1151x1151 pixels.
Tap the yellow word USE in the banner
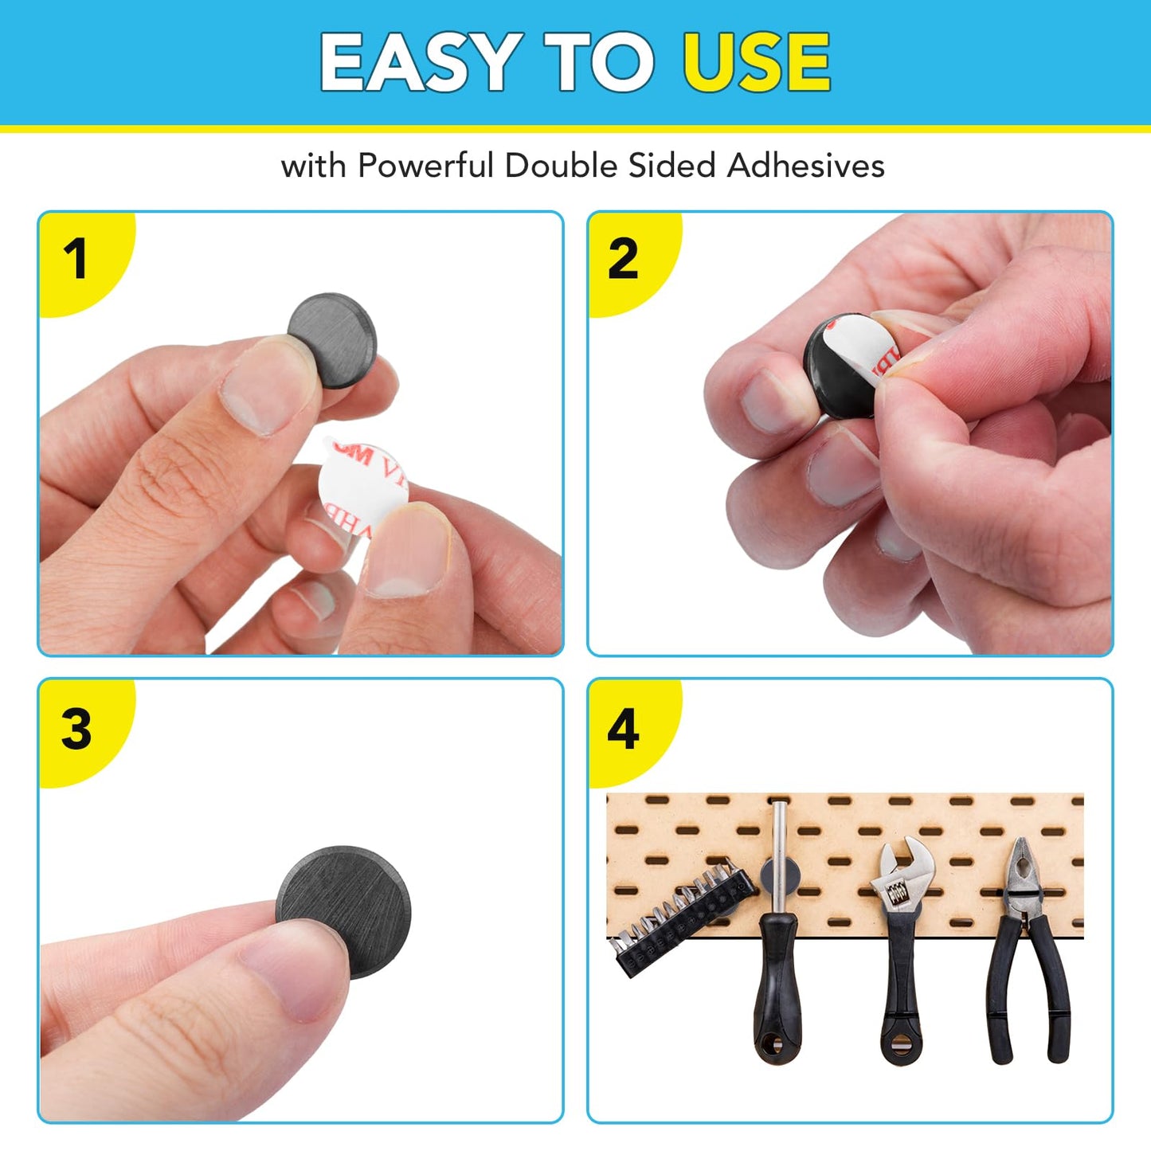[x=756, y=61]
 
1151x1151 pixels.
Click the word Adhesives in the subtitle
[x=805, y=166]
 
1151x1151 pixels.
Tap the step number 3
[x=76, y=729]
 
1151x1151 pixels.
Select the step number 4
[x=623, y=729]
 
